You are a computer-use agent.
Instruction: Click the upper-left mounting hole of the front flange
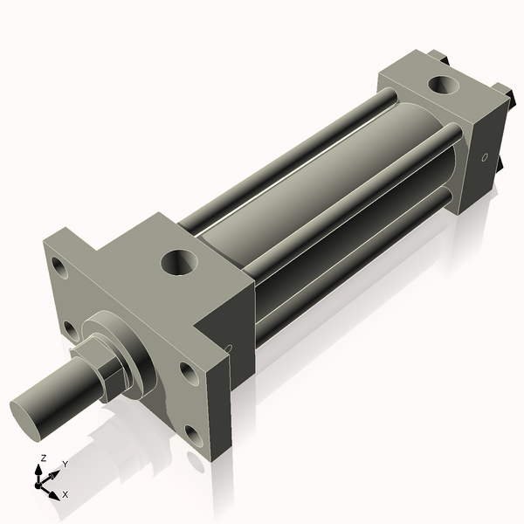59,266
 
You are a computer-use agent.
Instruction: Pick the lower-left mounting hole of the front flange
70,329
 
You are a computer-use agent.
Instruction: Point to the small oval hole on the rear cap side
484,158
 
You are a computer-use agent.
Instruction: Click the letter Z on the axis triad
43,458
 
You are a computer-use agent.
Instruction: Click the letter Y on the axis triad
65,465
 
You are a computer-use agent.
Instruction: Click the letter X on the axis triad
65,494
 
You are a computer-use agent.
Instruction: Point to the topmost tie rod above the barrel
288,158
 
